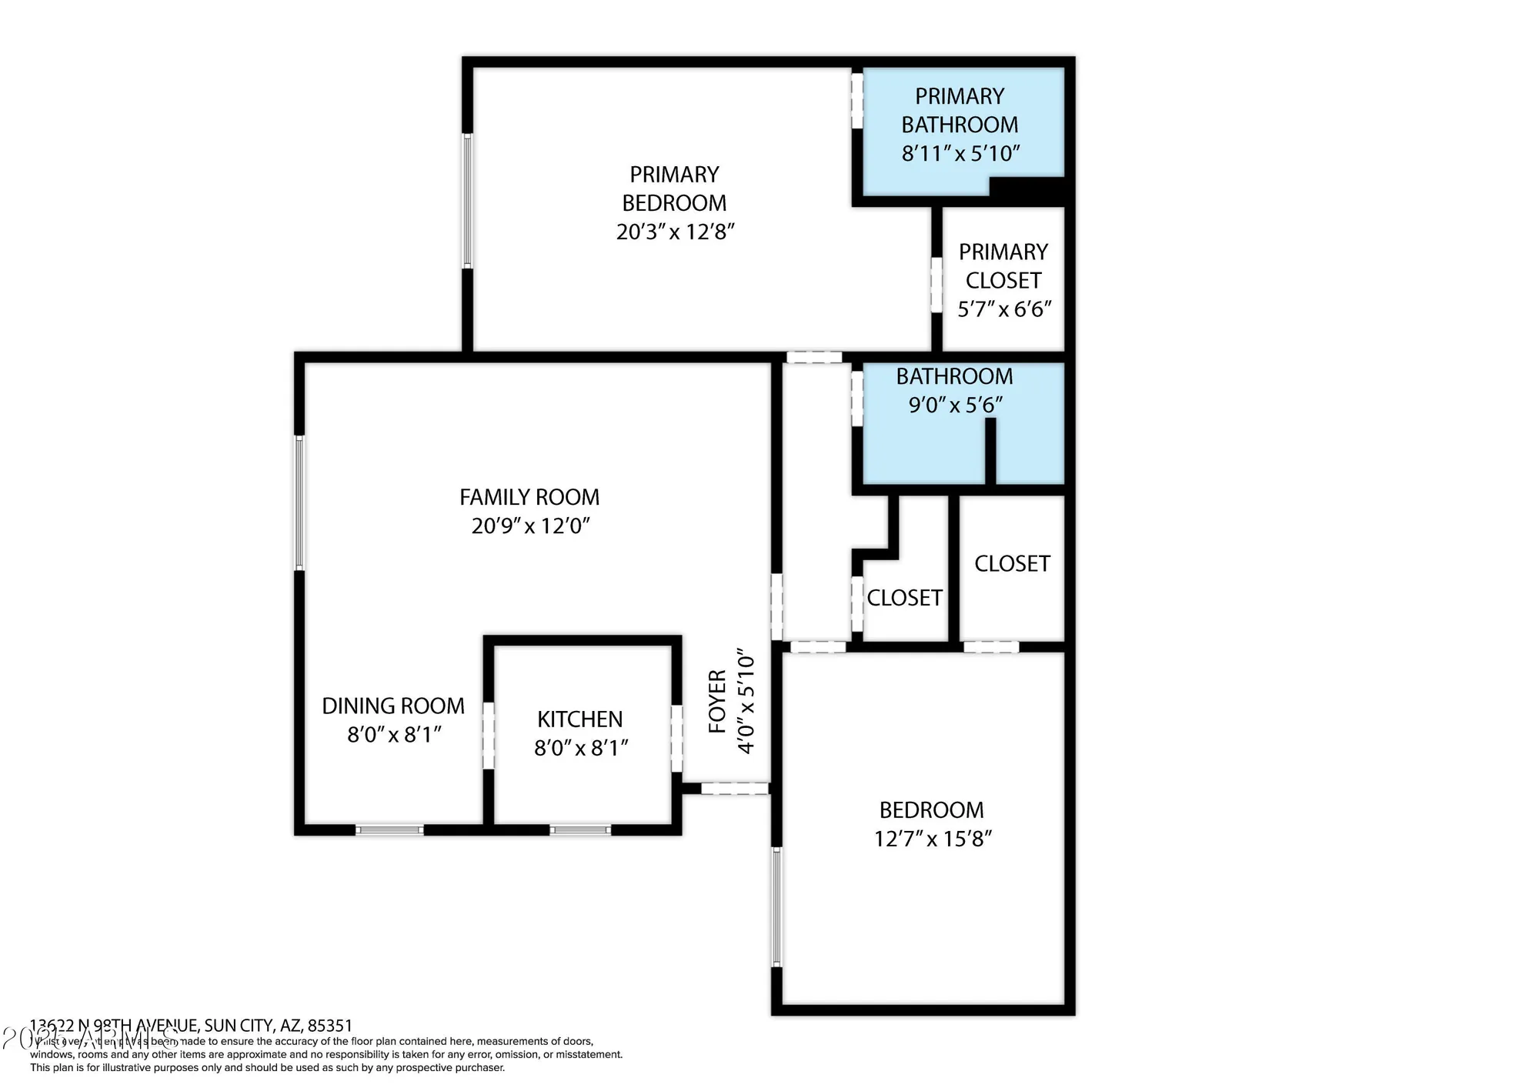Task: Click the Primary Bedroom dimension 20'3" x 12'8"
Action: [x=675, y=232]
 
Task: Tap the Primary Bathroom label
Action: [x=959, y=110]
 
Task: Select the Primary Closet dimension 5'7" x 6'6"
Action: [x=1003, y=309]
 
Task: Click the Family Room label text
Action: [x=529, y=497]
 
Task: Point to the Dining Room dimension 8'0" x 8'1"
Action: [x=393, y=735]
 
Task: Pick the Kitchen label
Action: [x=579, y=719]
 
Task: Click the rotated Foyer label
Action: [x=717, y=701]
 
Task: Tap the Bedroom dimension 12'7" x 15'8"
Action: [x=932, y=839]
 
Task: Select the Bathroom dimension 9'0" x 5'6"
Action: [x=954, y=405]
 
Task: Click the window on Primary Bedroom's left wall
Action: [x=467, y=202]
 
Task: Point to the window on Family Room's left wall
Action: [x=300, y=503]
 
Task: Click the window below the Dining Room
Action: [x=389, y=829]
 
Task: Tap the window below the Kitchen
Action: [x=580, y=829]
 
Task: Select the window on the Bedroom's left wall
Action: [x=776, y=906]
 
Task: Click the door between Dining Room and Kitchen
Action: [x=488, y=735]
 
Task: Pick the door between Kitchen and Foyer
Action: [x=676, y=739]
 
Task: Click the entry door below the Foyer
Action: [x=734, y=788]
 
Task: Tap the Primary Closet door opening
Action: [x=936, y=285]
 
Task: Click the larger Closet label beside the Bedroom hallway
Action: [x=1012, y=564]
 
